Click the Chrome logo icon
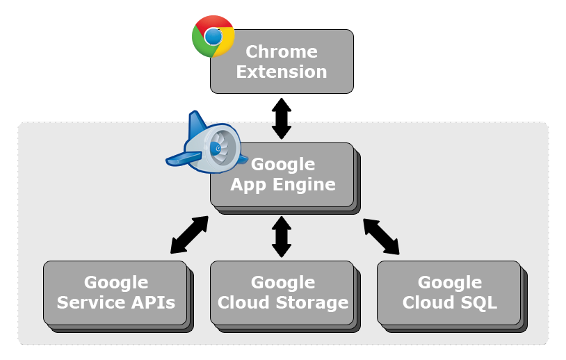pos(213,36)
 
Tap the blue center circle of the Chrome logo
pos(213,36)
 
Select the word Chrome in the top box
pos(282,51)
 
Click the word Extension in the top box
pos(282,72)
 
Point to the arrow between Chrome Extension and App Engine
pos(282,119)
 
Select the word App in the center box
pos(249,185)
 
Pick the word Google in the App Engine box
pos(283,164)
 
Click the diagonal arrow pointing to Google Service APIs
pos(190,234)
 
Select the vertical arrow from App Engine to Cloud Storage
pos(282,237)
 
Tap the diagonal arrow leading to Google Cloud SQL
pos(381,236)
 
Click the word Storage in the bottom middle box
pos(312,302)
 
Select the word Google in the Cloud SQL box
pos(450,282)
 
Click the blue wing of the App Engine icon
pos(184,159)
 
